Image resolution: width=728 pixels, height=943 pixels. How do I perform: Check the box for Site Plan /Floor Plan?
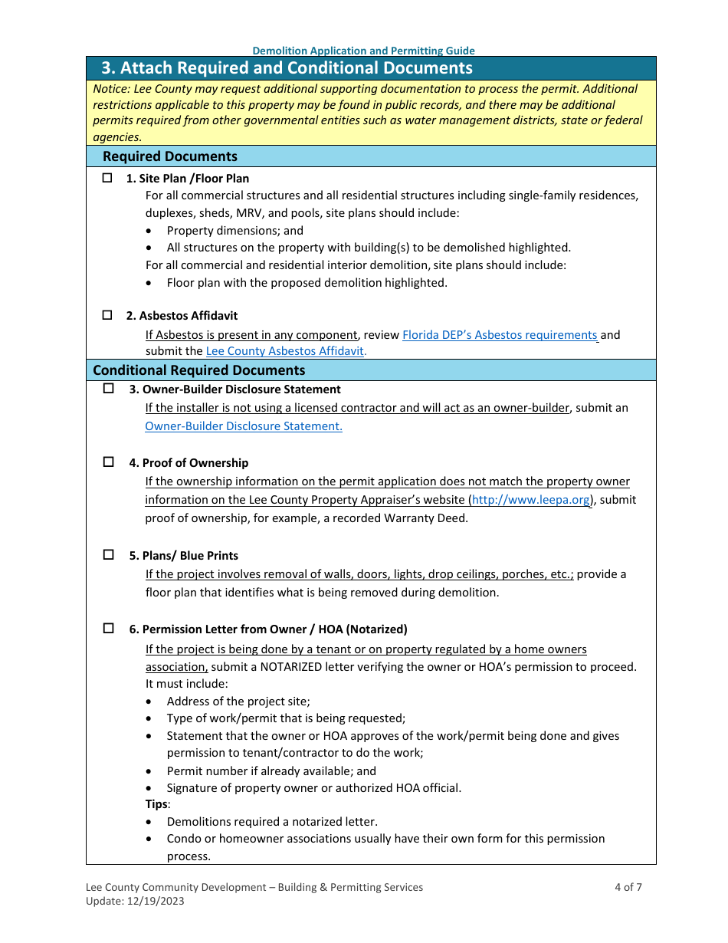point(107,178)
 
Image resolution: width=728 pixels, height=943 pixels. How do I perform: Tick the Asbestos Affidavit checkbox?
point(107,315)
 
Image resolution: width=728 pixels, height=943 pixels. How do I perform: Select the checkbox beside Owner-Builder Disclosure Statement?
point(108,389)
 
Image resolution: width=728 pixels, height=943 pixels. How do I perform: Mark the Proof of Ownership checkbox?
point(108,462)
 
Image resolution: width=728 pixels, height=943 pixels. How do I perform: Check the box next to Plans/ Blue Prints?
point(108,555)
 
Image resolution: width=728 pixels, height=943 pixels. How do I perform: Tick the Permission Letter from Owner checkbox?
point(108,629)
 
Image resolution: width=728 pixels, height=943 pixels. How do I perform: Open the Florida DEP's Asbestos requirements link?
point(500,335)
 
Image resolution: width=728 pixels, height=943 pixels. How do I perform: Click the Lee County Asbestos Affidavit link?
point(286,351)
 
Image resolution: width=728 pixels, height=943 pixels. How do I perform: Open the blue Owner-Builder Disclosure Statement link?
point(244,426)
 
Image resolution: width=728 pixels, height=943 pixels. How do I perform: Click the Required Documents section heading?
point(170,156)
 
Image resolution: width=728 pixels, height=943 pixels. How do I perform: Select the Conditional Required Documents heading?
point(199,370)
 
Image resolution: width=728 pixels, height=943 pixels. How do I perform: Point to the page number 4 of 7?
point(628,887)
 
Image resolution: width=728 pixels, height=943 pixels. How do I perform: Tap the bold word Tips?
point(156,804)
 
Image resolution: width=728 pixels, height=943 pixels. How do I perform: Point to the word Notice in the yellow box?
point(110,89)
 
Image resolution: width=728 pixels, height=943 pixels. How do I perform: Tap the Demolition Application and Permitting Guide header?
point(363,51)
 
